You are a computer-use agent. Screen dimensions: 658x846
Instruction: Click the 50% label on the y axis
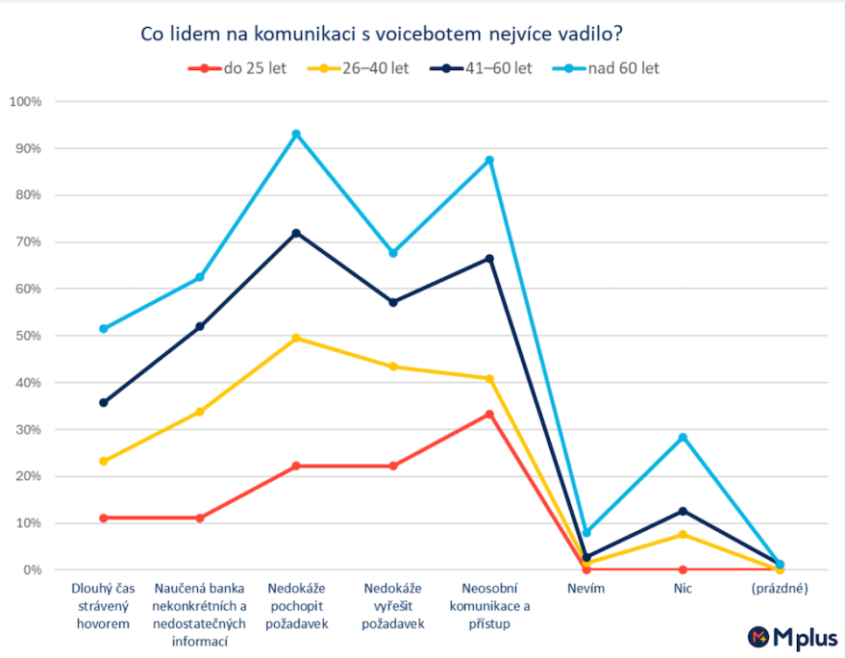[28, 336]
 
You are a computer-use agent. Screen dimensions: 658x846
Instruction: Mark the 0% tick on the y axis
[31, 570]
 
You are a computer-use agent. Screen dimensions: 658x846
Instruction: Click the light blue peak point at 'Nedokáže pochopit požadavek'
[296, 134]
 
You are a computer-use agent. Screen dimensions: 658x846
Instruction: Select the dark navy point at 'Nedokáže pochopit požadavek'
[296, 233]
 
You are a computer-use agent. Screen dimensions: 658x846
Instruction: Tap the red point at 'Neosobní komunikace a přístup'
[489, 414]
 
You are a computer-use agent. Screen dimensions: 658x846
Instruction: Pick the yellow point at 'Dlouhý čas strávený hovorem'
[103, 461]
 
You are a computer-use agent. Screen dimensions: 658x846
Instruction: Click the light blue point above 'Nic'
[683, 438]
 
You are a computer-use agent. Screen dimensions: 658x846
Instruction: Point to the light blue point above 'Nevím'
[586, 532]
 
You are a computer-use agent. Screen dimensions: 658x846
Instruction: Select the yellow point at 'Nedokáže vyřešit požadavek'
[393, 367]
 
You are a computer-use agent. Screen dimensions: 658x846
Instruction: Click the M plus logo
[793, 637]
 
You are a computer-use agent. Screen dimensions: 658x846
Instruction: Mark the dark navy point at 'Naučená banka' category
[200, 327]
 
